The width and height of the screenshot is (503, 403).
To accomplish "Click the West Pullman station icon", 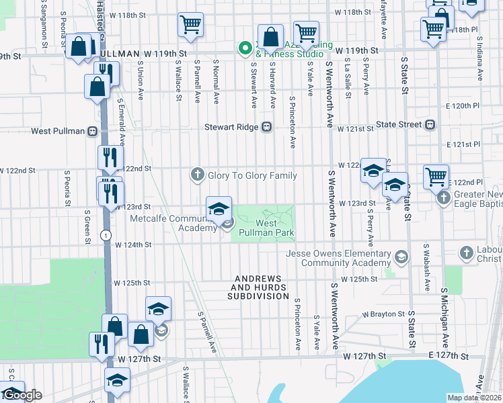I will (x=93, y=131).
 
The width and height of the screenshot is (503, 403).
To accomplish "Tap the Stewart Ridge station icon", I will (x=267, y=126).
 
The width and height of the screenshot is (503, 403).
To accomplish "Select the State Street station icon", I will (x=430, y=124).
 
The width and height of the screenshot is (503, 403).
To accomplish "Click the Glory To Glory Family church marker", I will (x=197, y=175).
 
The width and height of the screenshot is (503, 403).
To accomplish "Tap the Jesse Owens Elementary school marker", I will (x=401, y=257).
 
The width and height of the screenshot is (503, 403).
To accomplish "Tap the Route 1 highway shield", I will (x=106, y=234).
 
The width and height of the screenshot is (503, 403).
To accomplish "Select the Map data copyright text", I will (x=475, y=398).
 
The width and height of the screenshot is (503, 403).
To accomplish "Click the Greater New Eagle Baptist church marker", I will (x=443, y=197).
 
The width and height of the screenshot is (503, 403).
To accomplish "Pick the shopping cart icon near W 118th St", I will (x=191, y=25).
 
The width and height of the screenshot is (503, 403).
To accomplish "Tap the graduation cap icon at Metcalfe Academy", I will (x=219, y=209).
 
